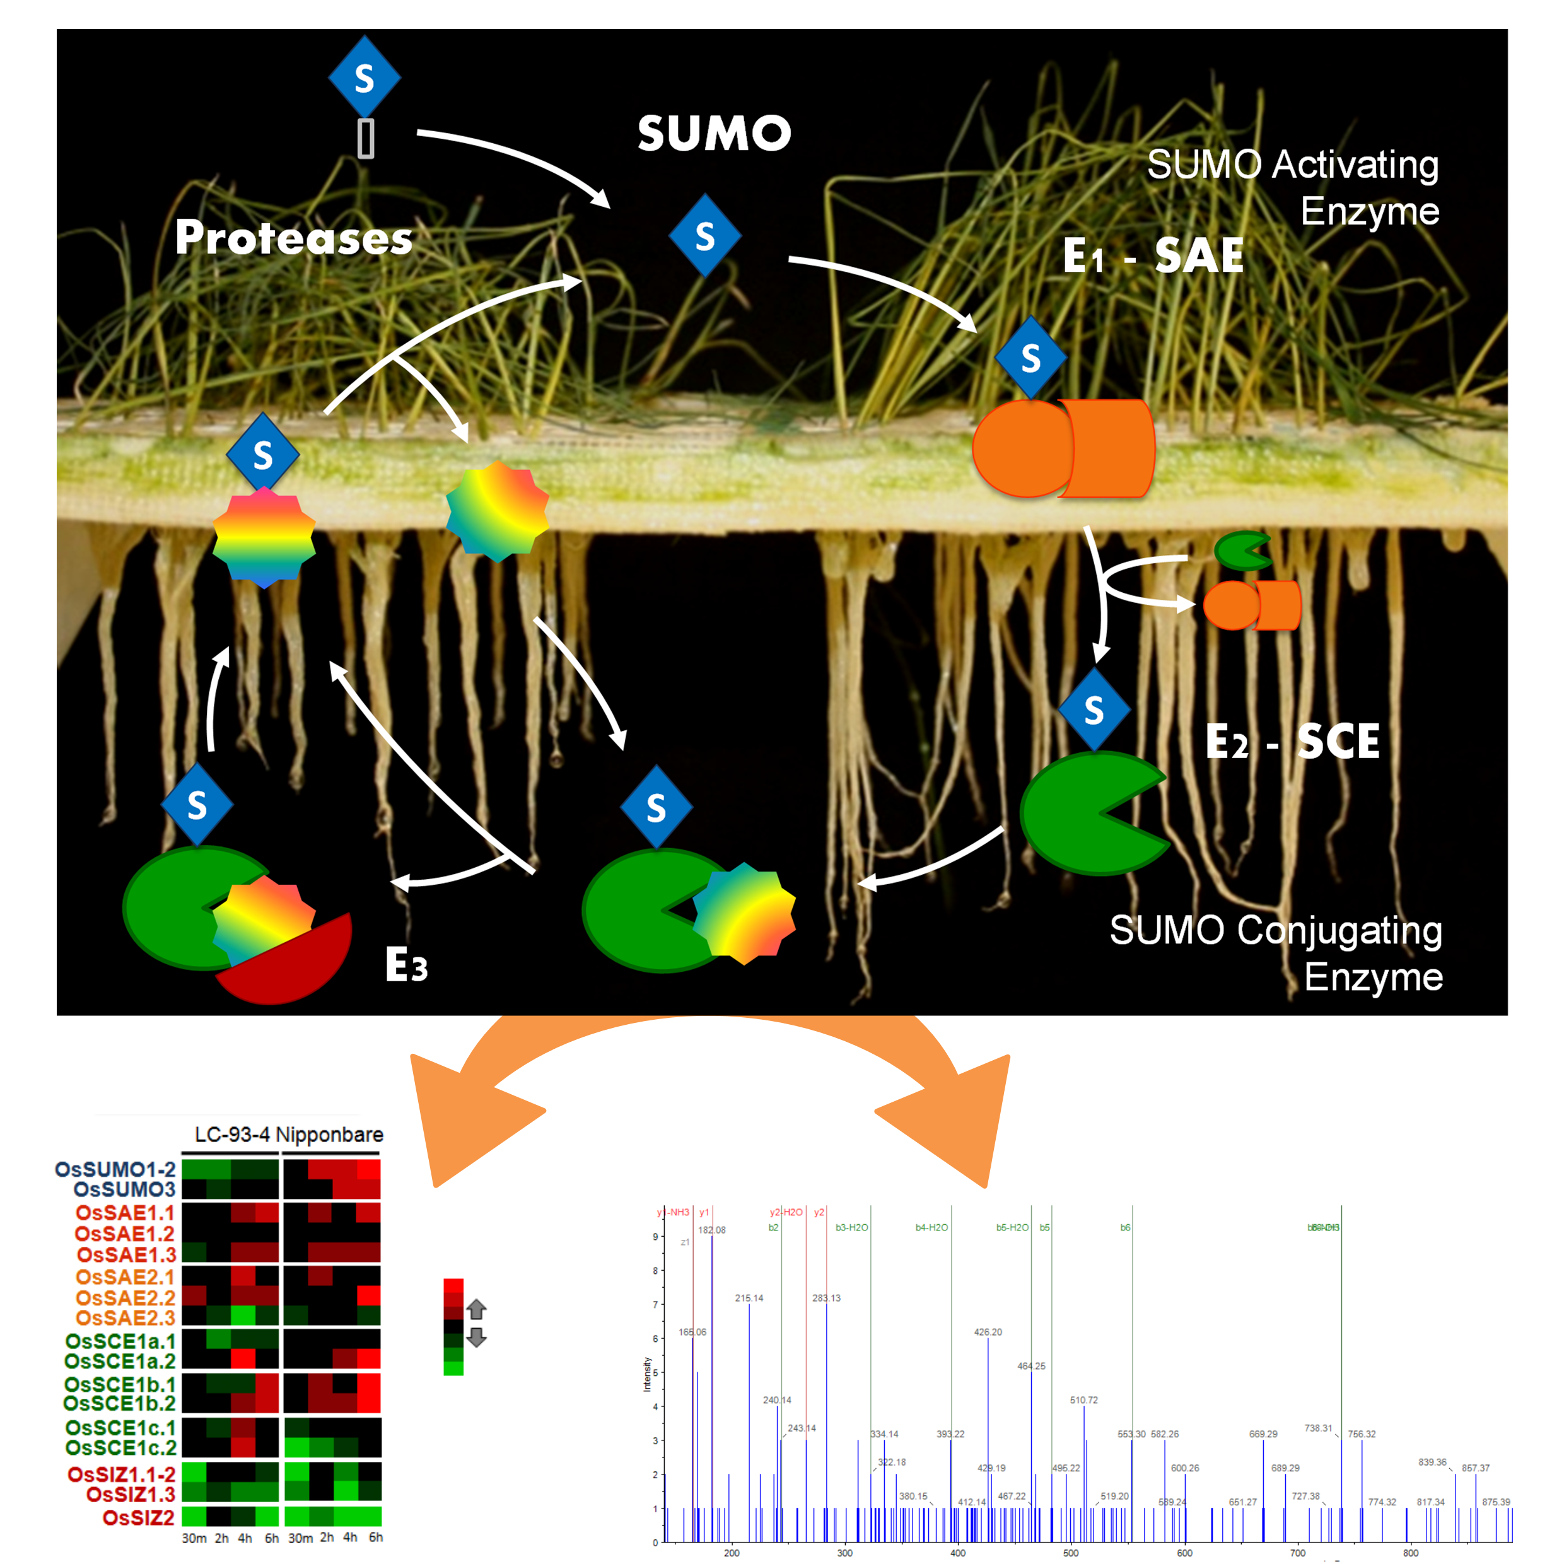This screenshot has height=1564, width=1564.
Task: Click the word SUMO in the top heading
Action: coord(713,134)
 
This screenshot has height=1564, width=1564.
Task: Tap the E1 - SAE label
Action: coord(1153,257)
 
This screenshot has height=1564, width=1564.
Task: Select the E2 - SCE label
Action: coord(1292,742)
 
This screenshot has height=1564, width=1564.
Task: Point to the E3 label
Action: coord(406,965)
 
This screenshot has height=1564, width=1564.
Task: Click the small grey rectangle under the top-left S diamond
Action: coord(366,139)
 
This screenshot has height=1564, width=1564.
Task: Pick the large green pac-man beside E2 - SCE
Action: coord(1085,814)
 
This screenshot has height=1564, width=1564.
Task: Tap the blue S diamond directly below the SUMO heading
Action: coord(705,236)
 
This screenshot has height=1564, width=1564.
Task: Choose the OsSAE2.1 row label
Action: coord(125,1276)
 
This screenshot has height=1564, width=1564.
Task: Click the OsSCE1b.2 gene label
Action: coord(120,1403)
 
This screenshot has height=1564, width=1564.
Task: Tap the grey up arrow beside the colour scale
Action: coord(476,1308)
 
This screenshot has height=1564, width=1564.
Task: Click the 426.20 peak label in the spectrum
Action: coord(988,1332)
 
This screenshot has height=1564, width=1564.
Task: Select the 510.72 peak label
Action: coord(1084,1399)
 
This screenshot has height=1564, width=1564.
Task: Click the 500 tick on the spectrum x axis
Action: coord(1070,1553)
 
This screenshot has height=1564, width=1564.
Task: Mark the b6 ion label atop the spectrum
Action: coord(1125,1227)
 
